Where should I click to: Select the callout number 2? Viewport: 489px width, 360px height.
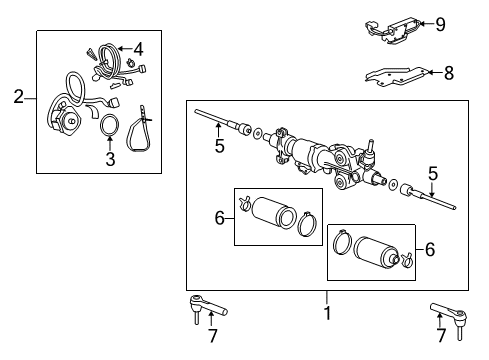(x=18, y=97)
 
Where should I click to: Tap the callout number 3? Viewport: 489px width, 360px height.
(x=111, y=157)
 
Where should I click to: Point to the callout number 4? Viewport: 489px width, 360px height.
(x=138, y=49)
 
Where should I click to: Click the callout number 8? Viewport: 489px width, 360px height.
(x=448, y=72)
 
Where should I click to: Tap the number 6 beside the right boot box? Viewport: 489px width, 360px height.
(x=432, y=249)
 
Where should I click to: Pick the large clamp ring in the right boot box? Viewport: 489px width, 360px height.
(x=341, y=243)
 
